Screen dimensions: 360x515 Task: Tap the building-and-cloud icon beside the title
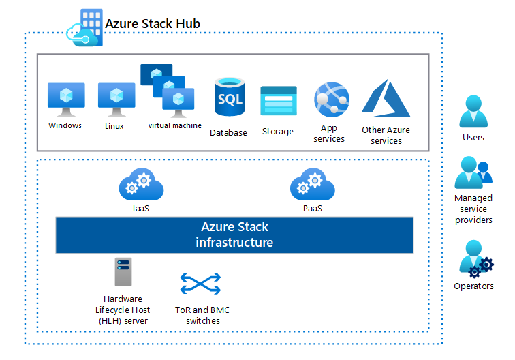(84, 28)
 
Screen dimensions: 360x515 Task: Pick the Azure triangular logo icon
(386, 98)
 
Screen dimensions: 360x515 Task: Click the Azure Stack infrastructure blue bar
(234, 235)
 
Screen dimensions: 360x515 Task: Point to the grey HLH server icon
(123, 273)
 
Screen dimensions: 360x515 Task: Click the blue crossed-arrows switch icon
(200, 283)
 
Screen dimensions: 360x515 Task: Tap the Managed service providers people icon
(473, 173)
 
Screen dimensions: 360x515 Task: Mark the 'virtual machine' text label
(175, 125)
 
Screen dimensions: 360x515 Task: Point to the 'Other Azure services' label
(386, 135)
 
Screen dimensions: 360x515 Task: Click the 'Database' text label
(228, 132)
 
